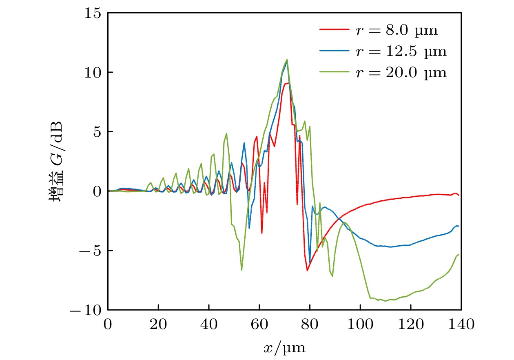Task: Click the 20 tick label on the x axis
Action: tap(158, 325)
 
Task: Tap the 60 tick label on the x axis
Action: tap(259, 325)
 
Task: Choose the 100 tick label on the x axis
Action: tap(360, 325)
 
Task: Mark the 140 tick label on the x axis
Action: tap(461, 325)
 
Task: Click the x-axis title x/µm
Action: tap(284, 348)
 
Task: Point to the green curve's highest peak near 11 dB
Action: tap(287, 60)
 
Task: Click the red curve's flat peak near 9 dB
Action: tap(287, 83)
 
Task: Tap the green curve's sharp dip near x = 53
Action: tap(241, 270)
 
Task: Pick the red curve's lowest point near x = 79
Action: tap(307, 270)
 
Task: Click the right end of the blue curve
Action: tap(459, 226)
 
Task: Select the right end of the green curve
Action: tap(459, 254)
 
